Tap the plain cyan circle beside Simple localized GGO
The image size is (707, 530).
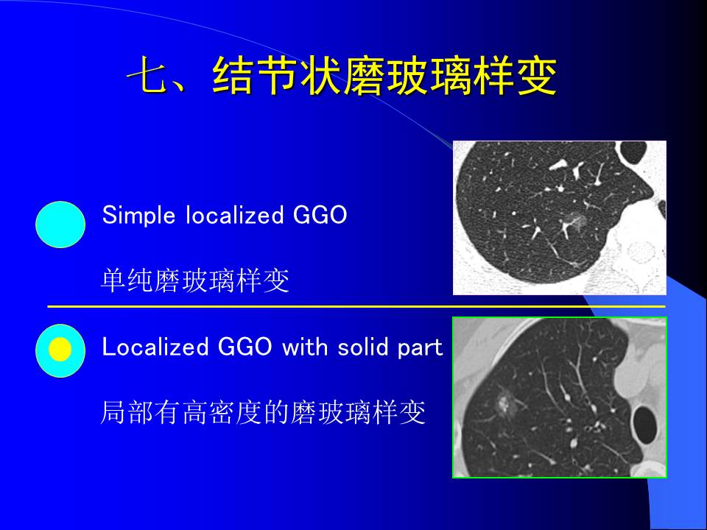(x=60, y=225)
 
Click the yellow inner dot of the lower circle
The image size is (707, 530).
(x=60, y=350)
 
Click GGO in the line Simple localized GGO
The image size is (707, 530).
(x=320, y=216)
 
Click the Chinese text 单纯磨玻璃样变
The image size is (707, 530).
(x=194, y=281)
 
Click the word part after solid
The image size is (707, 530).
(x=421, y=348)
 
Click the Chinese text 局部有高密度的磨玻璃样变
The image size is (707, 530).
(x=263, y=413)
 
